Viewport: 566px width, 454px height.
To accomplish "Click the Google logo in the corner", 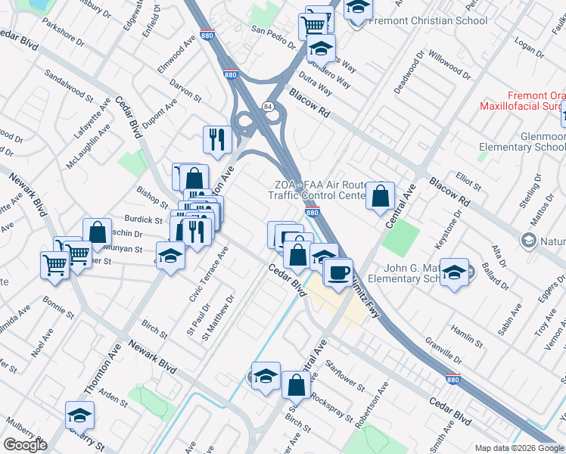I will click(25, 445).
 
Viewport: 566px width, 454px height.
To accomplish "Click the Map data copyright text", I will click(519, 448).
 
